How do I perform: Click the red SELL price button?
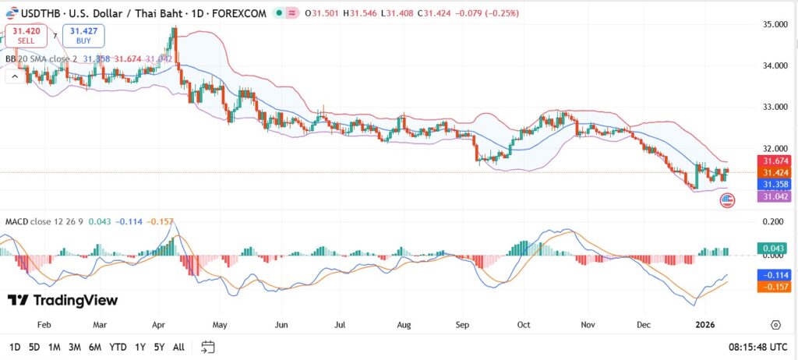click(x=26, y=35)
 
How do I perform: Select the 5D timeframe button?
click(x=34, y=347)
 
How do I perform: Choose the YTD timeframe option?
click(x=118, y=347)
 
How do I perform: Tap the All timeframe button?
click(x=178, y=347)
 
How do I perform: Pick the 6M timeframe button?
click(x=95, y=347)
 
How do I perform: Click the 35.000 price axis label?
click(x=775, y=25)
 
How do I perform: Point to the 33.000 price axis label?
click(x=775, y=107)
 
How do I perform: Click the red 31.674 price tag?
click(x=775, y=161)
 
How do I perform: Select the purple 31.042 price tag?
click(x=775, y=196)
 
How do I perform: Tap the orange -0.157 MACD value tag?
click(x=775, y=287)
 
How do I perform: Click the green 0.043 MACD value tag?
click(x=775, y=248)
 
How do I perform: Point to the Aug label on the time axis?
click(x=403, y=323)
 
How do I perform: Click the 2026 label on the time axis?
click(x=705, y=323)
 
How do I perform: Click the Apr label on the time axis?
click(x=158, y=323)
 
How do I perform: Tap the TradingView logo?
click(x=63, y=300)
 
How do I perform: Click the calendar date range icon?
click(x=207, y=347)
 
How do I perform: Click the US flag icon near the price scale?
click(x=726, y=201)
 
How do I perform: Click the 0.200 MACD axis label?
click(x=775, y=222)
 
